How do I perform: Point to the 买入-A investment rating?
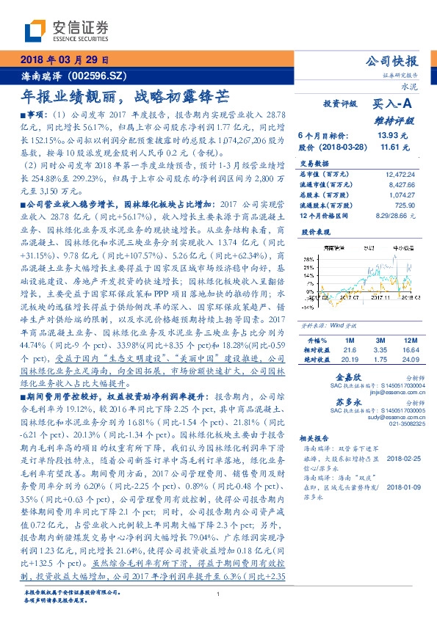[x=394, y=104]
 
